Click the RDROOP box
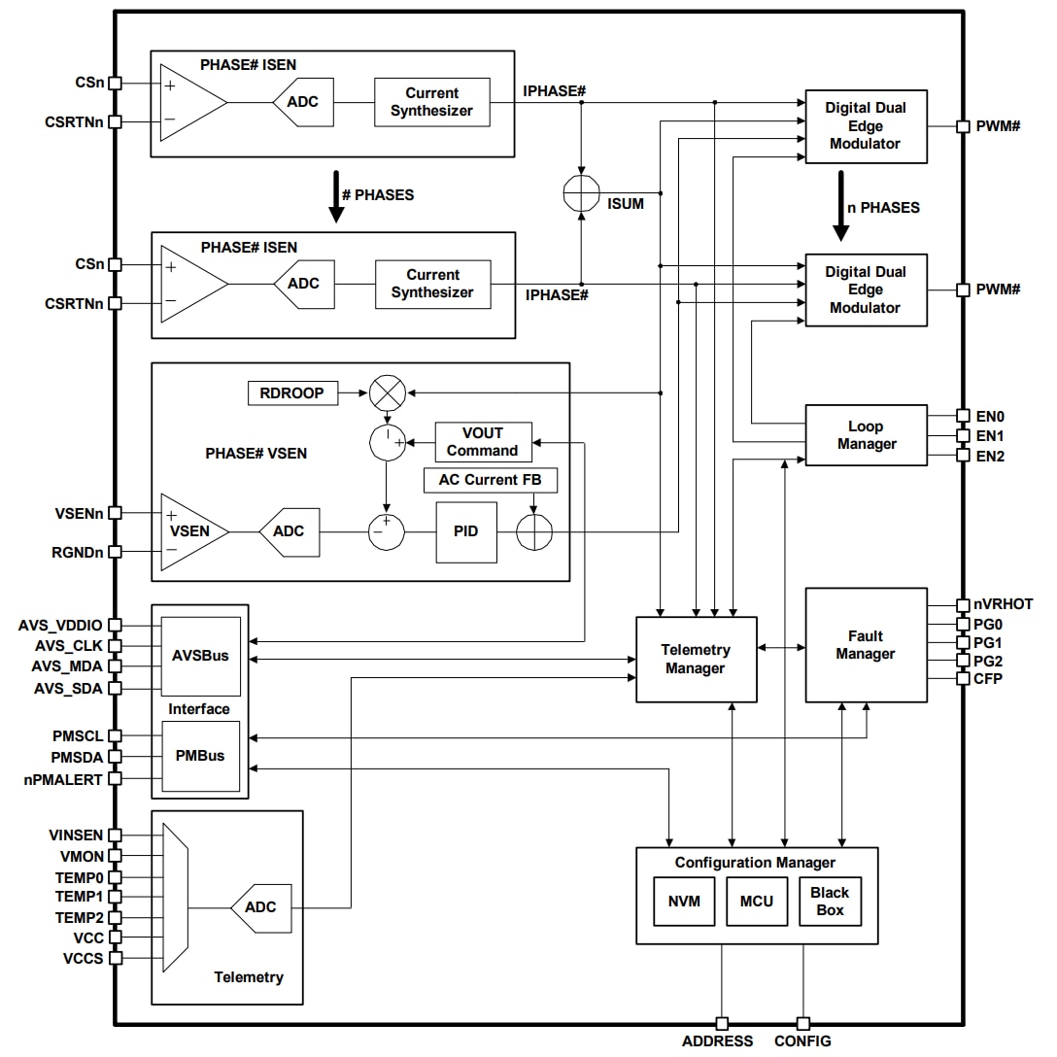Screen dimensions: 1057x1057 (x=292, y=393)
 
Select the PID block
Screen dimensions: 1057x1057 (x=465, y=532)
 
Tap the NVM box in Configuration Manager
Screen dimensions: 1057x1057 (x=684, y=901)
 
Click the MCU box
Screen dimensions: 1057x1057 (x=757, y=901)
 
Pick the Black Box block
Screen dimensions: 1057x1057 (x=830, y=901)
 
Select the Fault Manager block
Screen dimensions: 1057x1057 (x=865, y=645)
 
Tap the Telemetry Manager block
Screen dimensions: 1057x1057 (x=696, y=660)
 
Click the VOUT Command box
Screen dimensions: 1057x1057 (x=483, y=442)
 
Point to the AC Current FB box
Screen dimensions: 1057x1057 (x=491, y=480)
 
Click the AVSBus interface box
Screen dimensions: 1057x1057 (x=200, y=655)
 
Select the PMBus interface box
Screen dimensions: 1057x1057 (x=200, y=756)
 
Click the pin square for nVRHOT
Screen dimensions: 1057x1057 (x=963, y=604)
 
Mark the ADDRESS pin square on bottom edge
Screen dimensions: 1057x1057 (x=721, y=1023)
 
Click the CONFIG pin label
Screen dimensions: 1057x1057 (x=802, y=1041)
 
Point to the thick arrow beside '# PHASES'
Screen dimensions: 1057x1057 (x=336, y=198)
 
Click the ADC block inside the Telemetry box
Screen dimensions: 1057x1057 (x=259, y=907)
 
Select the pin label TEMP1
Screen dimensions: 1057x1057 (x=79, y=897)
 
